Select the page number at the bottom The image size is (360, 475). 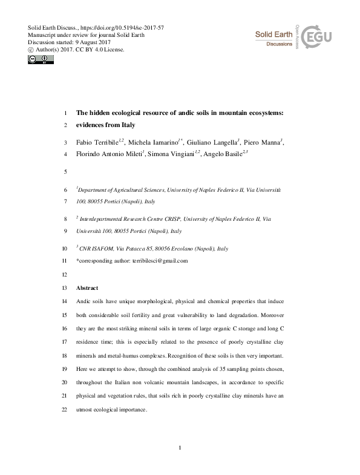click(180, 447)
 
